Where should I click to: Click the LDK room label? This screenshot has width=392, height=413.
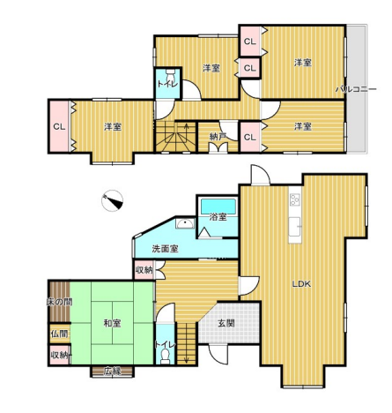pyautogui.click(x=301, y=284)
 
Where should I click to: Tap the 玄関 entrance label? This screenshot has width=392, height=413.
pyautogui.click(x=226, y=323)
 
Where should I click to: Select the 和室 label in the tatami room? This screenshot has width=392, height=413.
pyautogui.click(x=112, y=323)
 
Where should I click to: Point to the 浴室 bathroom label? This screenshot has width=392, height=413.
pyautogui.click(x=218, y=217)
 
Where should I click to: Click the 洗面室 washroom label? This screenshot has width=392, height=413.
pyautogui.click(x=165, y=249)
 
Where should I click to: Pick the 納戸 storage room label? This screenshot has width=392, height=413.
pyautogui.click(x=218, y=136)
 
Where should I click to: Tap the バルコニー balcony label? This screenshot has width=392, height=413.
pyautogui.click(x=356, y=89)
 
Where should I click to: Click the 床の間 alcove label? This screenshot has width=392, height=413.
pyautogui.click(x=60, y=302)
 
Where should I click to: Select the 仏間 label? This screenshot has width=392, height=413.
pyautogui.click(x=60, y=334)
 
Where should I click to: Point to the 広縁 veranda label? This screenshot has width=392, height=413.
pyautogui.click(x=112, y=372)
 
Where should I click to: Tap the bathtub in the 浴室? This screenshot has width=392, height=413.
pyautogui.click(x=218, y=206)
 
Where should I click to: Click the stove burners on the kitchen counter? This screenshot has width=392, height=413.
pyautogui.click(x=294, y=199)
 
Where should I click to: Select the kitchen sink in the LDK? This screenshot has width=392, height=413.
pyautogui.click(x=294, y=227)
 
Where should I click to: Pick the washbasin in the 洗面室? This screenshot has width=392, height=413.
pyautogui.click(x=185, y=224)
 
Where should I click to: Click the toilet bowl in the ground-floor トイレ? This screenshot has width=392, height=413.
pyautogui.click(x=166, y=356)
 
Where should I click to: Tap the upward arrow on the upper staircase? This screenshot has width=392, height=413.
pyautogui.click(x=186, y=130)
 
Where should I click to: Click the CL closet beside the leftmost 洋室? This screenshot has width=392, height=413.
pyautogui.click(x=60, y=126)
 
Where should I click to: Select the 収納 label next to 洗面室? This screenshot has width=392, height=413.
pyautogui.click(x=144, y=269)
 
